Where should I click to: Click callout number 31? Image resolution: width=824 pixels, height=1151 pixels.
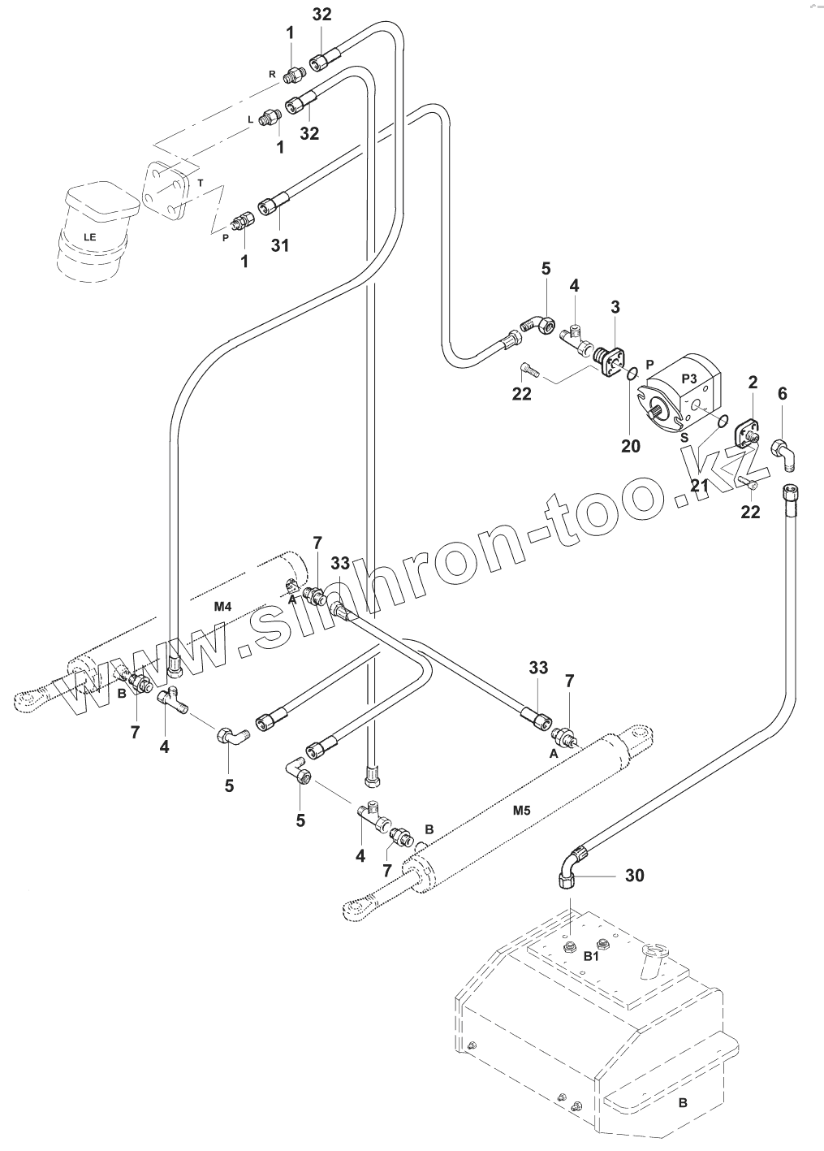click(279, 244)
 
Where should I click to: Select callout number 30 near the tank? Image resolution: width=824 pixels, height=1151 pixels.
click(635, 875)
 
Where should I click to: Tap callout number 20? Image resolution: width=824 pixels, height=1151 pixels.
click(631, 446)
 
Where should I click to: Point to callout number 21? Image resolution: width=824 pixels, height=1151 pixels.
click(699, 486)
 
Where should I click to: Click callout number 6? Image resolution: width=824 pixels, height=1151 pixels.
click(783, 393)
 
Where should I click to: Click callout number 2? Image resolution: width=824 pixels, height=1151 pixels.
click(753, 382)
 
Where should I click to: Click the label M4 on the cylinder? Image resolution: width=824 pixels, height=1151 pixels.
click(223, 606)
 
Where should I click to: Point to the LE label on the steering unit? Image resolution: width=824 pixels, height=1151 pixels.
click(88, 236)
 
